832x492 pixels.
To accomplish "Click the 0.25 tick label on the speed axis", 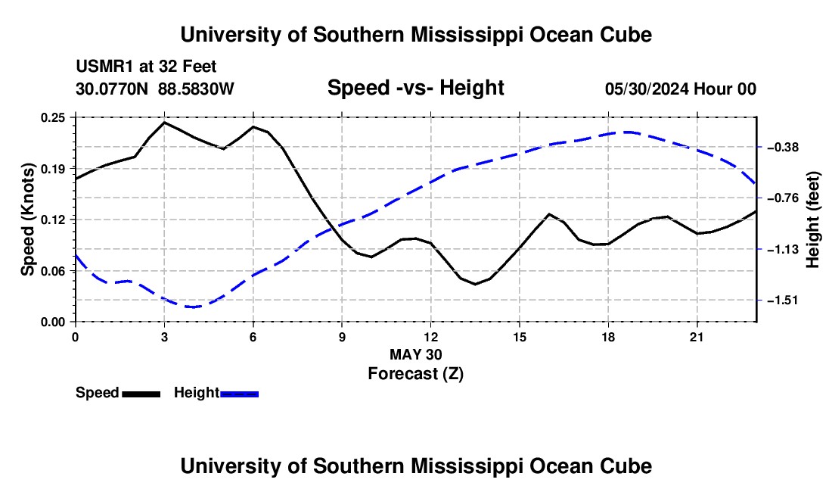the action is (52, 117).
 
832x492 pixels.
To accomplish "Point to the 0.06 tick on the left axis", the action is (52, 271).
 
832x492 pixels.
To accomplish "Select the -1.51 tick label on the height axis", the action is (782, 300).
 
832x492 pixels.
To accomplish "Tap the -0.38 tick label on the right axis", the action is (782, 147).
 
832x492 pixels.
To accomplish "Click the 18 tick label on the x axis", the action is (608, 337).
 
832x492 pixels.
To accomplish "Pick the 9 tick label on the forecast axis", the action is (342, 337).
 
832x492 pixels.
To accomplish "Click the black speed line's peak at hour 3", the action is (164, 123).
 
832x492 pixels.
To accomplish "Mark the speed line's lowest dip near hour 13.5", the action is (475, 284).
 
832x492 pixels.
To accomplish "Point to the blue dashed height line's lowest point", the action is (192, 307).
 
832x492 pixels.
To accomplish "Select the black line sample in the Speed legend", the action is (141, 394).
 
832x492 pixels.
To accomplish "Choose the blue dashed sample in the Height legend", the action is (239, 394).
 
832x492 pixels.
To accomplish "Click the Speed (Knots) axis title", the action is (27, 220).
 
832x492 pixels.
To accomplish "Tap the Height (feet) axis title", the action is (813, 220).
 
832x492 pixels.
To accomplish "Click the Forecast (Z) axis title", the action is (415, 374).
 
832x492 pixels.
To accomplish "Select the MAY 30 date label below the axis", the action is (415, 354).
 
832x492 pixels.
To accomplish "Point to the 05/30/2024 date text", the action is (647, 89).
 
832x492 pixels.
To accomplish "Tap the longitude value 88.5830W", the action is (196, 89).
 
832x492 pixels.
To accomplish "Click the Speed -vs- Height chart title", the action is (415, 88).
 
